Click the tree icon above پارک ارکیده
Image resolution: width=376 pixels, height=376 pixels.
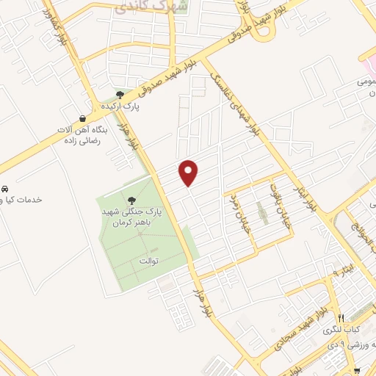pos(120,94)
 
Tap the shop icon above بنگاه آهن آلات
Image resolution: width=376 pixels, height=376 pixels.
pos(82,117)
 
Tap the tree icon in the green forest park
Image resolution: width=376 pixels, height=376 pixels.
pos(132,200)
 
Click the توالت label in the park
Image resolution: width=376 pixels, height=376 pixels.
pos(149,261)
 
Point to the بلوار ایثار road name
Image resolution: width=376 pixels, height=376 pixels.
pos(308,198)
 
